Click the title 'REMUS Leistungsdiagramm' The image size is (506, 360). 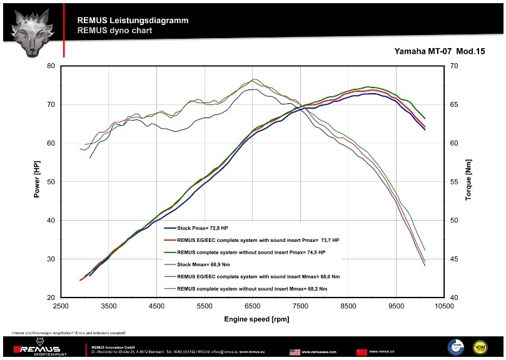[133, 20]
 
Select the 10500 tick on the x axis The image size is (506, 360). [444, 306]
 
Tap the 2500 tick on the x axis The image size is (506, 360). [61, 306]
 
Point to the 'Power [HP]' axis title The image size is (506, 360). [37, 182]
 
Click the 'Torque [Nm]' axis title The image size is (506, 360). [468, 182]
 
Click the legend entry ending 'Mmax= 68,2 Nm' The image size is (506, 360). [251, 288]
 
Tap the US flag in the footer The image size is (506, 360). [295, 352]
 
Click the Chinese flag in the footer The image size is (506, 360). [361, 352]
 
